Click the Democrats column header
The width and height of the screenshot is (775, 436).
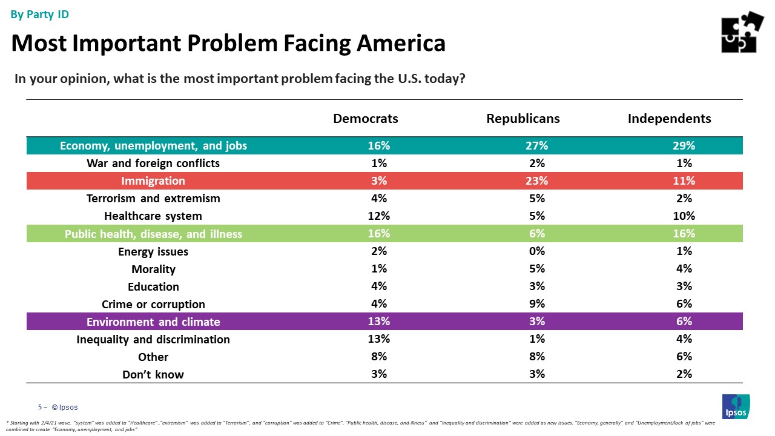(366, 119)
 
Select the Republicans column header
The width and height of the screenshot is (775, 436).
(523, 119)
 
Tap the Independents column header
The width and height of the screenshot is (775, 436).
(669, 119)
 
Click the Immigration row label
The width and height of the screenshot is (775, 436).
(153, 181)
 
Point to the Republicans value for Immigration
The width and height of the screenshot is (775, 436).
(536, 181)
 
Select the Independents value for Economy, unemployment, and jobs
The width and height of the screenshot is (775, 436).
(684, 146)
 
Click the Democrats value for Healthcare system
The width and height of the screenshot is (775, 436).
(378, 216)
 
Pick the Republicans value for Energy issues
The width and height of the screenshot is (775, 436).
(536, 251)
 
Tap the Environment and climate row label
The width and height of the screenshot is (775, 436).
(153, 322)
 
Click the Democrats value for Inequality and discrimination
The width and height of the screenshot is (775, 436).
(378, 339)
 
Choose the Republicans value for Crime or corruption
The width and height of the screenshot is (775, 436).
(536, 304)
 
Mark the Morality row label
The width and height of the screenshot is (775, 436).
(153, 269)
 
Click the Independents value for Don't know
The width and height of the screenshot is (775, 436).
(684, 374)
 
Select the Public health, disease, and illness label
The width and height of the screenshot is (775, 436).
(153, 234)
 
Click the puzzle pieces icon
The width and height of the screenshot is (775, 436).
(742, 32)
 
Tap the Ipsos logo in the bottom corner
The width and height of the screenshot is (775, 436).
(736, 406)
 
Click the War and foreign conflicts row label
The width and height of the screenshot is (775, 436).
(153, 163)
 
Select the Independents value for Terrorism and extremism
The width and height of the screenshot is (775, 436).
(684, 199)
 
